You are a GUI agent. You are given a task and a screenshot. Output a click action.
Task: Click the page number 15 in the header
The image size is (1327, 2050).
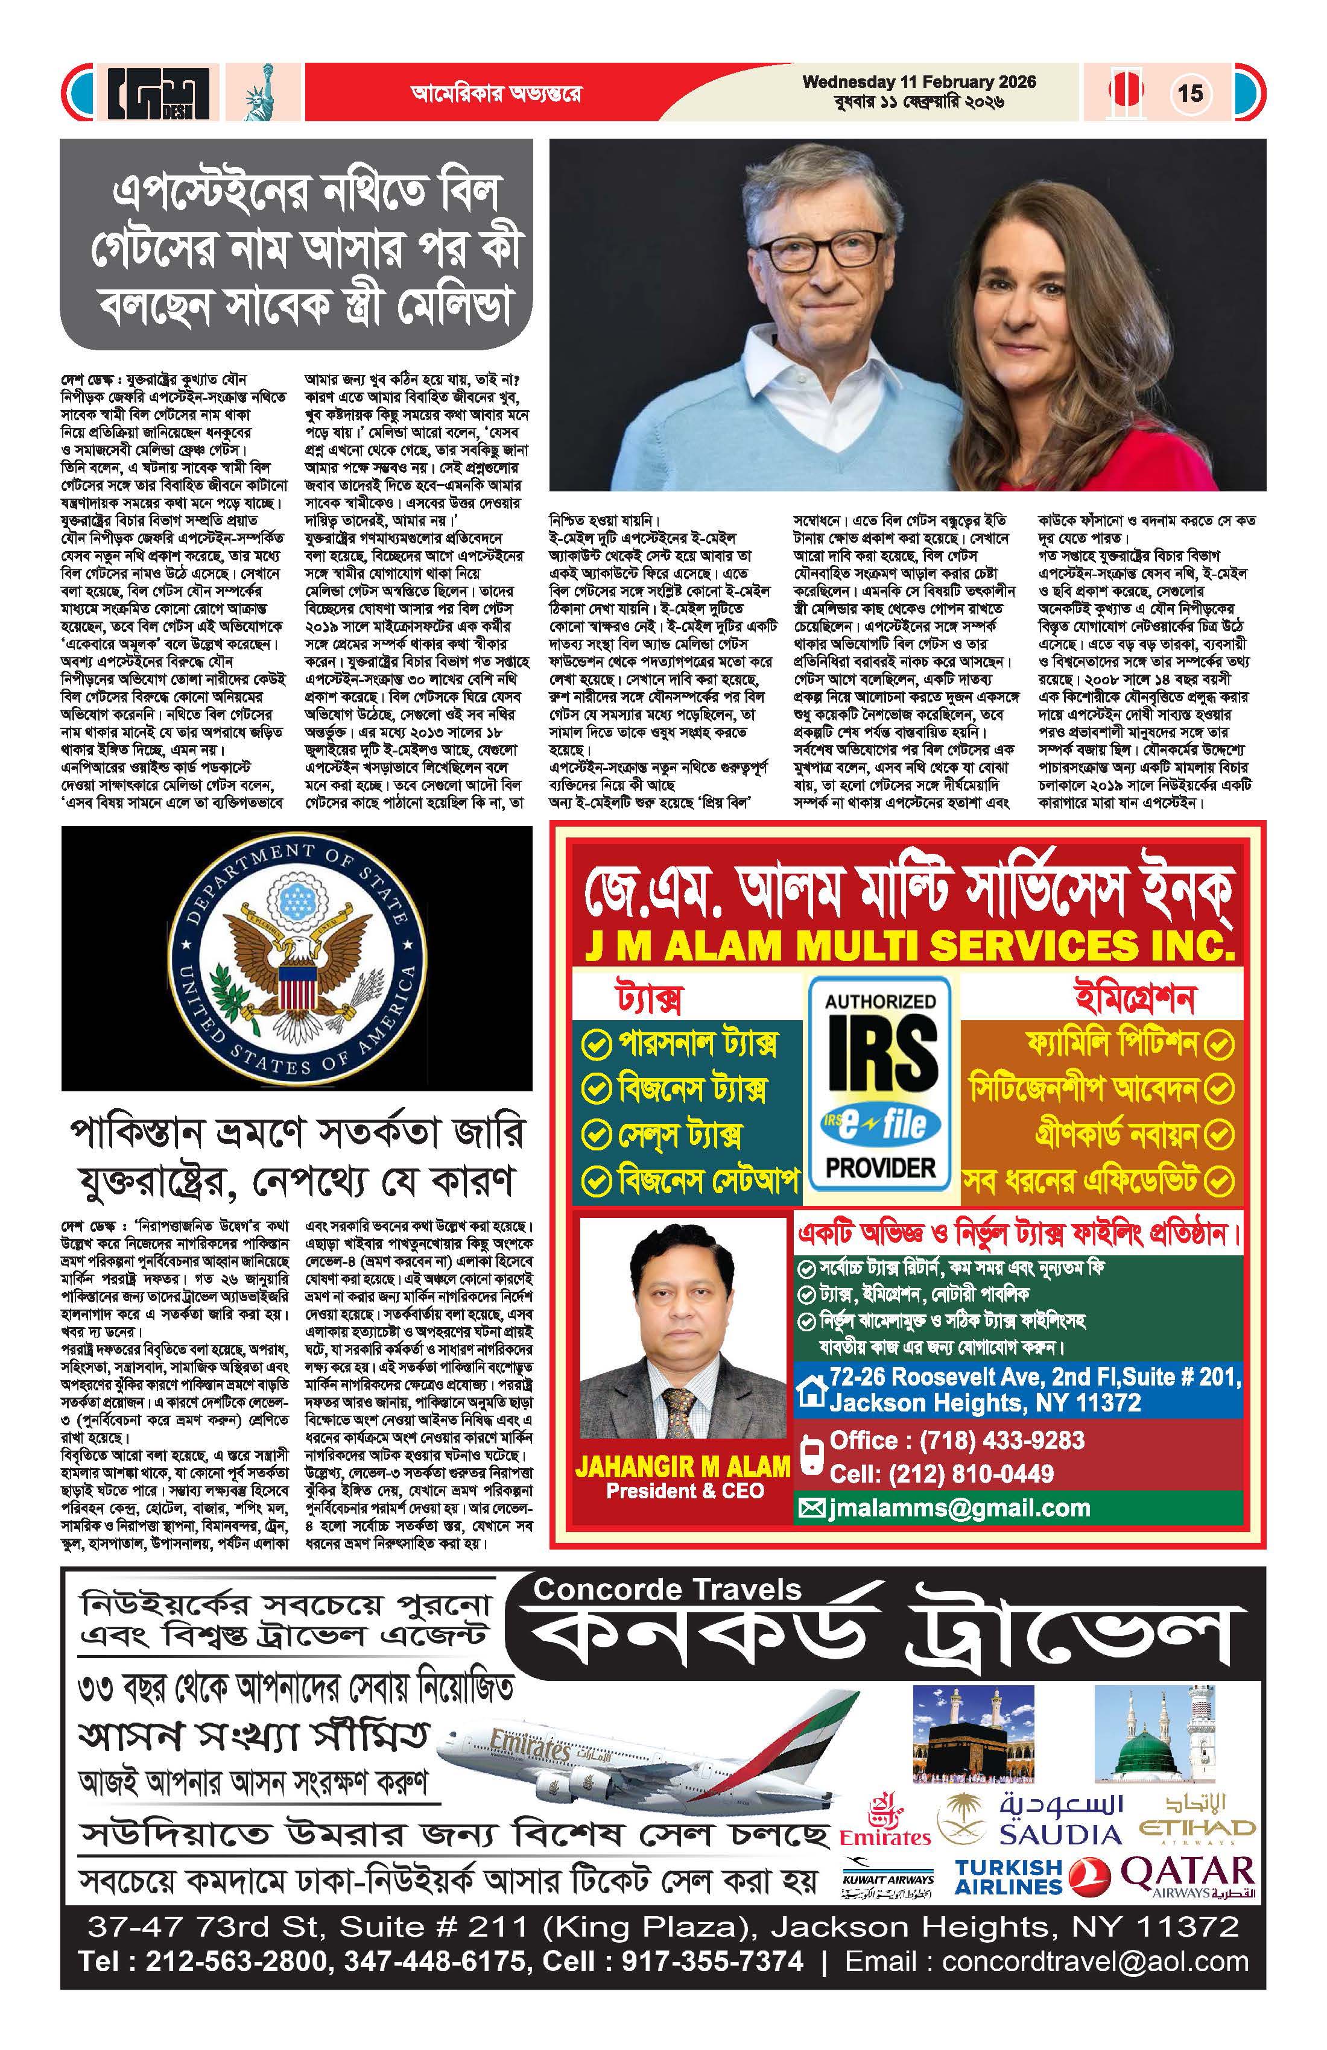pyautogui.click(x=1190, y=92)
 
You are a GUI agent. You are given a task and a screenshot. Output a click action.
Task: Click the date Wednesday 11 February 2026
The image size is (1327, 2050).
pyautogui.click(x=919, y=83)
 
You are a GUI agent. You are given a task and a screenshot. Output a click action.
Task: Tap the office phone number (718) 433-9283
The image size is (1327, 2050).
pyautogui.click(x=957, y=1440)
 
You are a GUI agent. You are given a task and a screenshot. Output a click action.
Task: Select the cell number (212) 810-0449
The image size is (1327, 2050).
pyautogui.click(x=941, y=1473)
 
